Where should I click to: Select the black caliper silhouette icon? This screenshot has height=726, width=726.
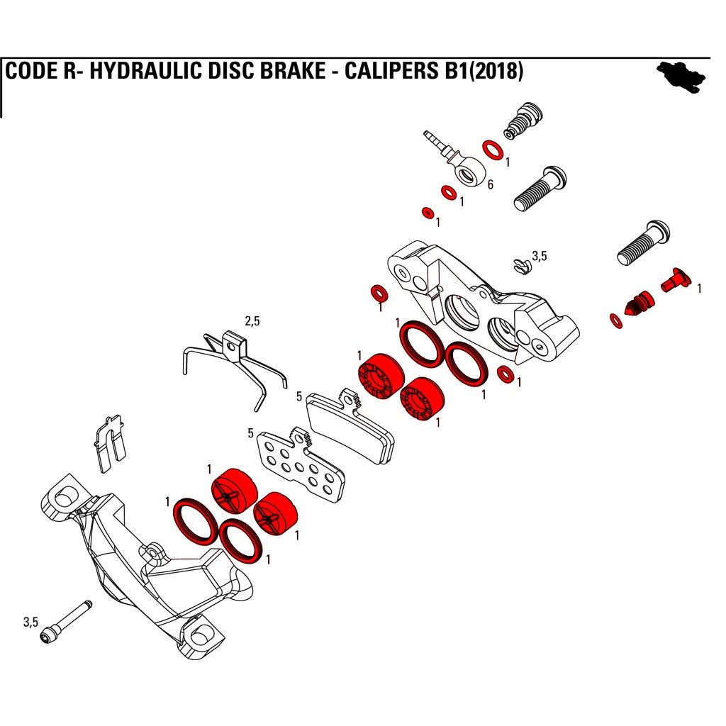[x=682, y=77]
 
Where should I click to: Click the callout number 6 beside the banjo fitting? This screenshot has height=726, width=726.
[x=491, y=185]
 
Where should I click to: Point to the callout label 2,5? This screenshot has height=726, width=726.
[x=252, y=321]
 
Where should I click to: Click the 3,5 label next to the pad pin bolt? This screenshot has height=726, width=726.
[x=31, y=622]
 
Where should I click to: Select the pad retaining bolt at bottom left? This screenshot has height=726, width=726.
[x=67, y=621]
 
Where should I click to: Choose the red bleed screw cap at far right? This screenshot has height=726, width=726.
[x=676, y=280]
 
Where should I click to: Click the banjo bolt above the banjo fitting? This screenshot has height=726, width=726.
[x=524, y=120]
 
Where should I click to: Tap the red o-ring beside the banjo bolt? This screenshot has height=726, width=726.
[x=493, y=150]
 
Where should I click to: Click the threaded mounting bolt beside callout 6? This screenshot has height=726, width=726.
[x=540, y=189]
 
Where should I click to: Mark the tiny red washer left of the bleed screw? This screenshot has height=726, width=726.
[x=616, y=321]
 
